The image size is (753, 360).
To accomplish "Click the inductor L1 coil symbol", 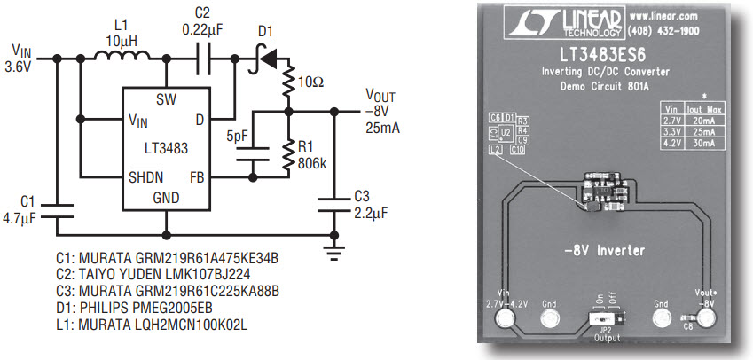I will (123, 58).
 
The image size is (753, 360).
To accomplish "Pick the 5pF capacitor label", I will (239, 137).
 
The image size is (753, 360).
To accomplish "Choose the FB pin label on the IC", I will (197, 176).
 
